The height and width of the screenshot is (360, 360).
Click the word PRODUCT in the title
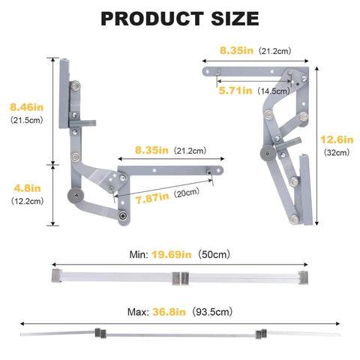click(x=150, y=18)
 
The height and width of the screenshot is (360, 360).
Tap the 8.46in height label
click(x=22, y=106)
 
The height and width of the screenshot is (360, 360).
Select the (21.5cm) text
click(x=22, y=120)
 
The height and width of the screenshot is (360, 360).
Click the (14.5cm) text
click(x=274, y=91)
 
